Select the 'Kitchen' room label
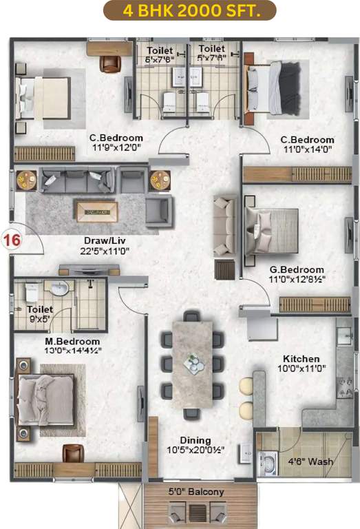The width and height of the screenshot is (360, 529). (x=301, y=359)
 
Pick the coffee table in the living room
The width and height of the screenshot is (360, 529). (x=96, y=211)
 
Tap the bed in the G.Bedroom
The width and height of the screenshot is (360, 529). (x=270, y=231)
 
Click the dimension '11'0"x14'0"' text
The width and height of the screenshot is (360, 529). (x=307, y=149)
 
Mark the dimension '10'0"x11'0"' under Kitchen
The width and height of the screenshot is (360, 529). (x=301, y=369)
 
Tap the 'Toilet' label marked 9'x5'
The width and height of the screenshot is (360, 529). (x=40, y=310)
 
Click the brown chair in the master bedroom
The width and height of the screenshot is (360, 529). (x=73, y=453)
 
